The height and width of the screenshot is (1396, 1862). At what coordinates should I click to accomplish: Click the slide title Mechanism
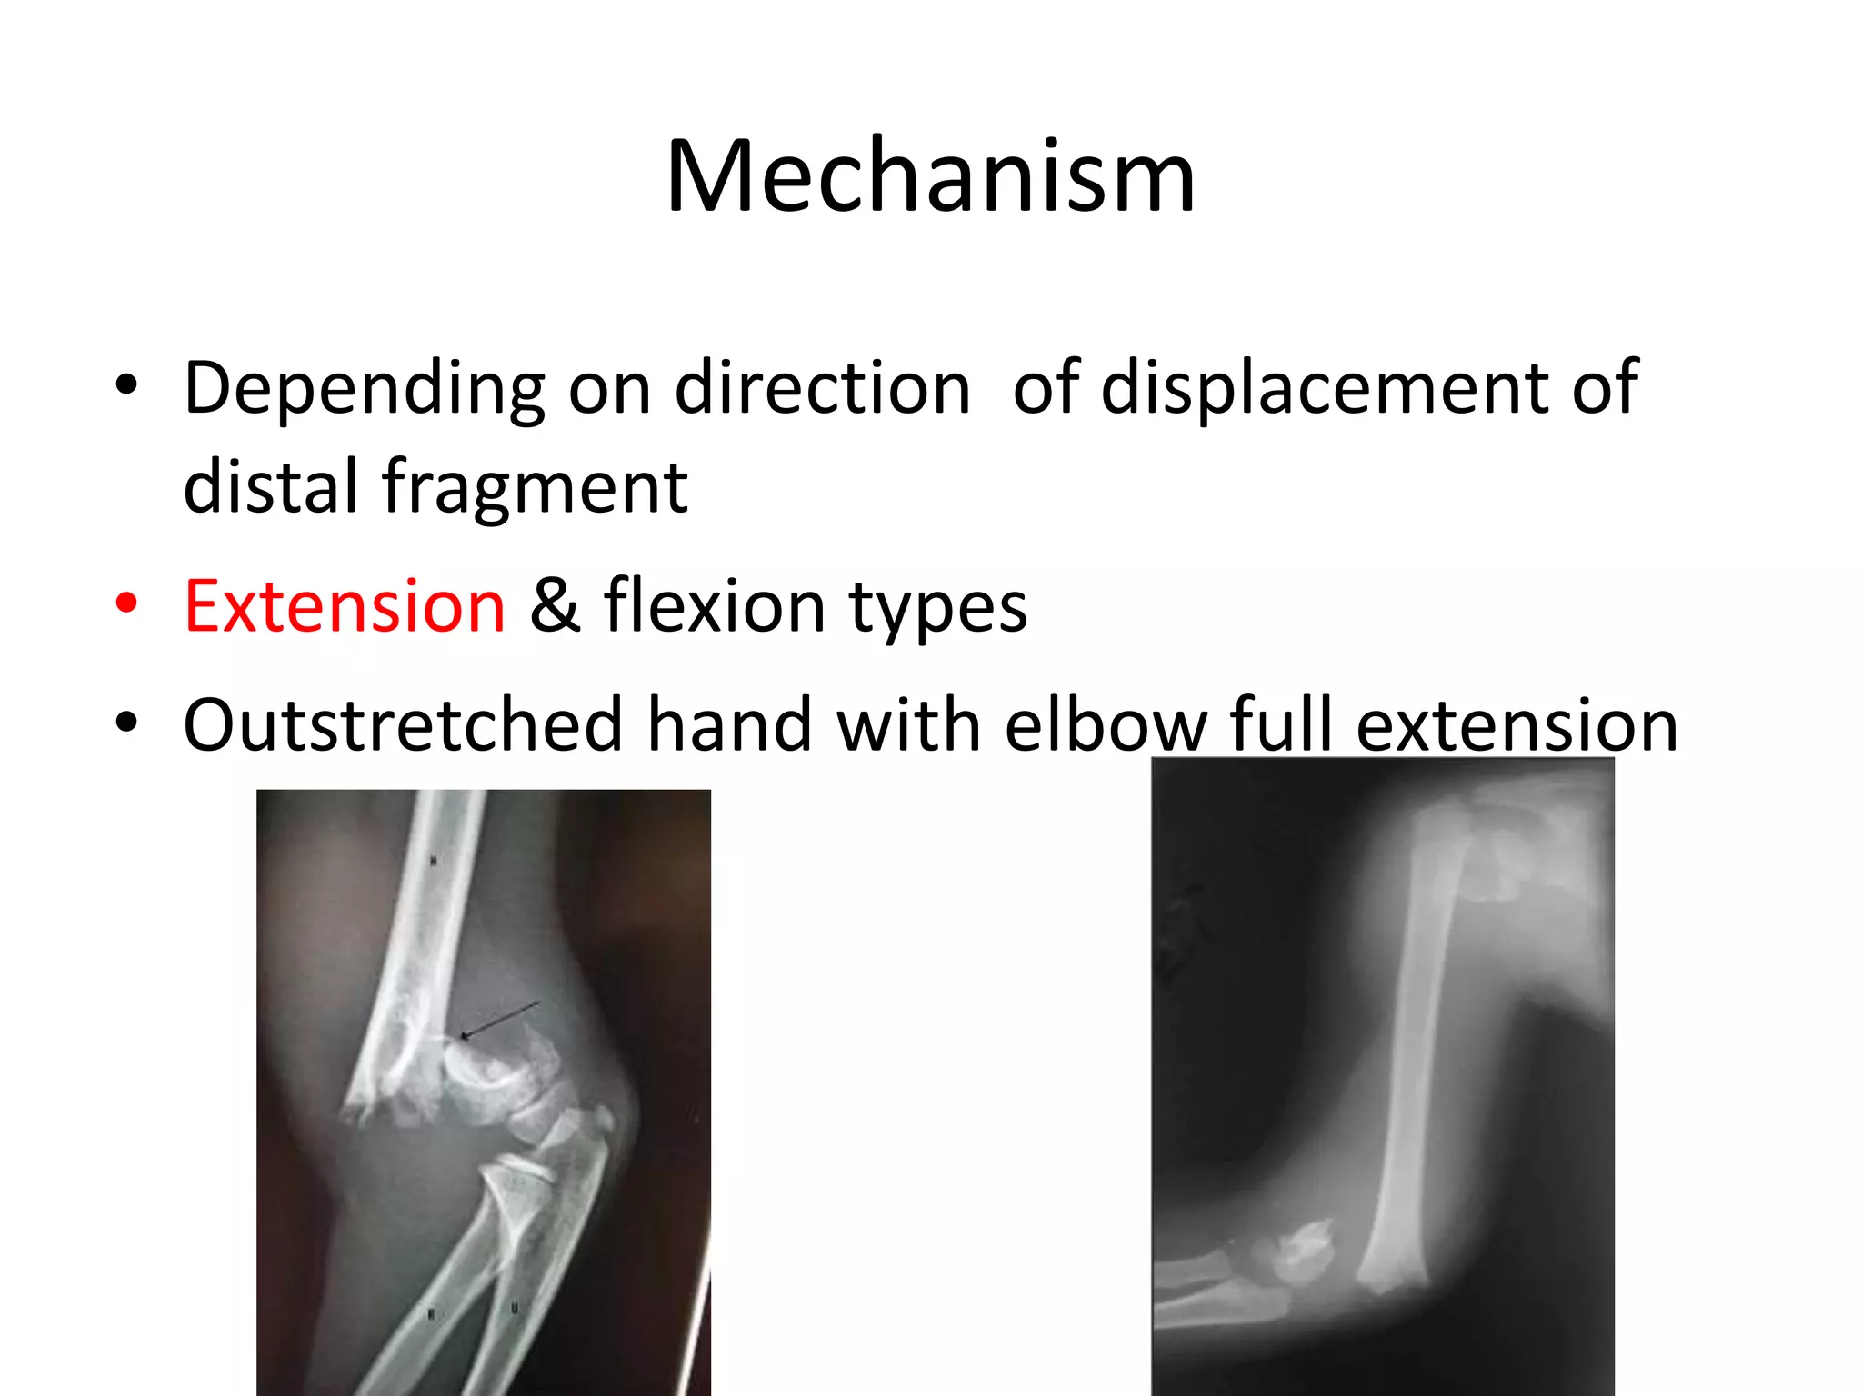(x=930, y=177)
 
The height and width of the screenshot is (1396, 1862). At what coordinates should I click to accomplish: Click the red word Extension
(x=345, y=606)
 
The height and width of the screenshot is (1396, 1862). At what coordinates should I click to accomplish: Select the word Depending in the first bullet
(x=364, y=389)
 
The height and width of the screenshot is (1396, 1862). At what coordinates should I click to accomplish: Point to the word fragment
(x=535, y=488)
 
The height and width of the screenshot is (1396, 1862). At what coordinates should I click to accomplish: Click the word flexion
(x=715, y=606)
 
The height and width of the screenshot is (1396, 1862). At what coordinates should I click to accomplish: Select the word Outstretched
(x=403, y=725)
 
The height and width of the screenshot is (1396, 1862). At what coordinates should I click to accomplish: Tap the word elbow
(x=1106, y=725)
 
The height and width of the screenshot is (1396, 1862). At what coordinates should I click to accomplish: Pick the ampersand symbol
(x=555, y=606)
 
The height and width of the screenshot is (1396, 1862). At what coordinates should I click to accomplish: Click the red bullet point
(x=126, y=603)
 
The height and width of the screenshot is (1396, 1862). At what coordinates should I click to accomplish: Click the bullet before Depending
(x=126, y=385)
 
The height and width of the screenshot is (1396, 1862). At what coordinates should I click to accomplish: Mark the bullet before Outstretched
(x=126, y=723)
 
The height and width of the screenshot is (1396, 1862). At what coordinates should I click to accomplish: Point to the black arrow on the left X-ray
(x=500, y=1020)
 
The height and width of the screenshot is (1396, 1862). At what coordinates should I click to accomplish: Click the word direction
(x=823, y=389)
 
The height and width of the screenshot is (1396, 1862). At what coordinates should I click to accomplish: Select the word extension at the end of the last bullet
(x=1517, y=725)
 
